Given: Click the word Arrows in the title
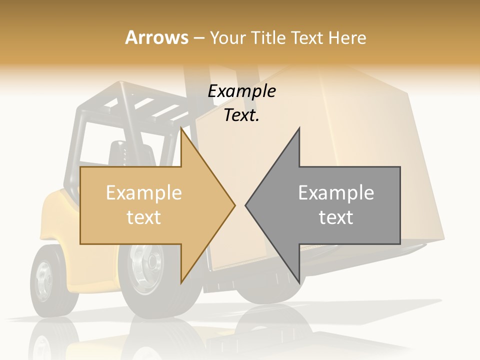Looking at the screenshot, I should pyautogui.click(x=157, y=37).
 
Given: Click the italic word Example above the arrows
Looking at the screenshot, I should pyautogui.click(x=242, y=91).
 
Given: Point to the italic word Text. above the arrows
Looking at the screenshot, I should pyautogui.click(x=241, y=115).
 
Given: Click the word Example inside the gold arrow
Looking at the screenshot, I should pyautogui.click(x=144, y=193).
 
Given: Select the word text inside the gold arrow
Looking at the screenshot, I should pyautogui.click(x=144, y=217).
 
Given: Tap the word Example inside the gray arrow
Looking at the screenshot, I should pyautogui.click(x=336, y=193).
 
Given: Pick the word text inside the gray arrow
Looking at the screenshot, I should pyautogui.click(x=336, y=217).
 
